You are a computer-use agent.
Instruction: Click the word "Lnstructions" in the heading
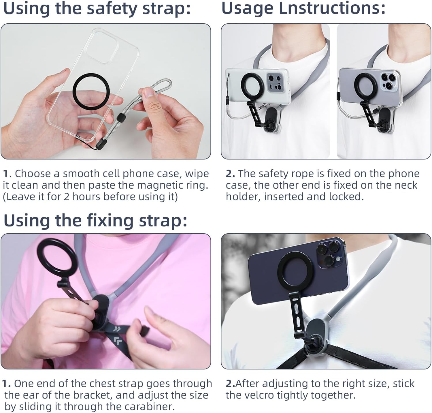click(x=332, y=8)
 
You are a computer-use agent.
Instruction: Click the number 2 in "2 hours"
click(x=66, y=197)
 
